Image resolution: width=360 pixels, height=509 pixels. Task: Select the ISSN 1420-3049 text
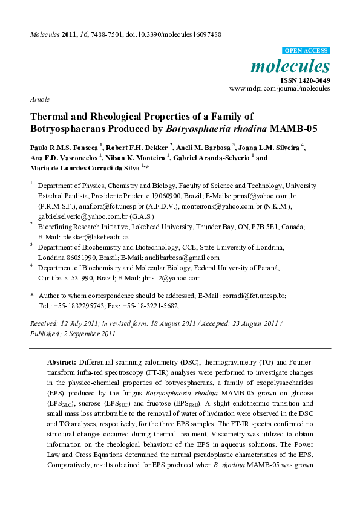click(x=304, y=80)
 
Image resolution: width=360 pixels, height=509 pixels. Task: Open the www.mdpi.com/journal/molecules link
click(x=280, y=88)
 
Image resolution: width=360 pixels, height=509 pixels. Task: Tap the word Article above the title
click(x=39, y=99)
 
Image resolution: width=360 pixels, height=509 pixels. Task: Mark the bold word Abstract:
click(x=61, y=361)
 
